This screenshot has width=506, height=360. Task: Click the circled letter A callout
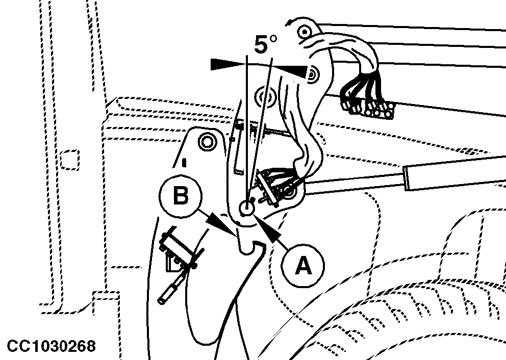point(302,266)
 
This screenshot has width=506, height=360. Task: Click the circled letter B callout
point(181,196)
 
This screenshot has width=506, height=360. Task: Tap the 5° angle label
point(265,44)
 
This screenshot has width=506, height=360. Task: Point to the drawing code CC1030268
point(52,346)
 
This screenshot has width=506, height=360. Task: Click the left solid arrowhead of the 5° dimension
point(227,64)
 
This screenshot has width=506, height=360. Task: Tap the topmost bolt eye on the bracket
point(305,32)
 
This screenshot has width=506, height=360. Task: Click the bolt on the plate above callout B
point(207,142)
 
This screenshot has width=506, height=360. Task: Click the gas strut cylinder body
point(455,172)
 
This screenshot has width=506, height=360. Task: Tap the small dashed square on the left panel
point(70,160)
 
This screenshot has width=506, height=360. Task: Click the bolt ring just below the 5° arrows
point(266,96)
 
